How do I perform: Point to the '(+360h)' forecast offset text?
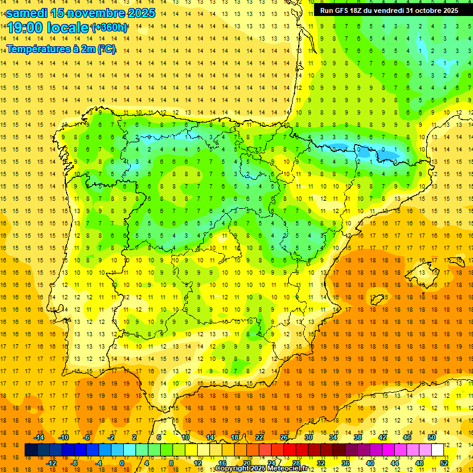point(110,28)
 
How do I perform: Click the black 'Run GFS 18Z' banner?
point(389,10)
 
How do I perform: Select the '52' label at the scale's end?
point(444,463)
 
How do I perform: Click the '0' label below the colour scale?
point(121,463)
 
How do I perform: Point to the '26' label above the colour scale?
point(284,437)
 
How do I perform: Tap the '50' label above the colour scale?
point(432,437)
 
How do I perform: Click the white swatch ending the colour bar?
point(438,450)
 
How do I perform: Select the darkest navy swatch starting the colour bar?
point(31,450)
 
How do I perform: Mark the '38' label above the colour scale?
point(358,437)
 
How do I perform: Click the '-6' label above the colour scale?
point(87,437)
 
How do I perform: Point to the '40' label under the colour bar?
point(370,463)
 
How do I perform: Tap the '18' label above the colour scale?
point(235,437)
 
